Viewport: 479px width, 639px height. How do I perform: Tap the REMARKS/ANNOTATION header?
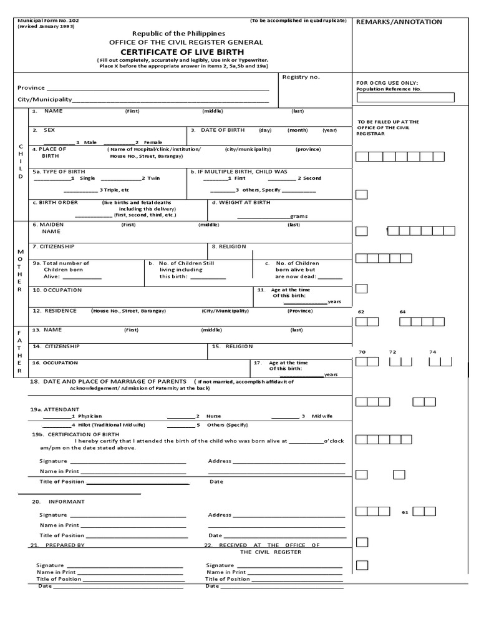click(399, 22)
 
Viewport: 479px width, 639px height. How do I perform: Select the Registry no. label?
click(301, 77)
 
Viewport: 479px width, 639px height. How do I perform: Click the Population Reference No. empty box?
click(405, 97)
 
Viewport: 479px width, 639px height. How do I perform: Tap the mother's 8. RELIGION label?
click(228, 246)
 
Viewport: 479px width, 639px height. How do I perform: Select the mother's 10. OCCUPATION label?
click(57, 290)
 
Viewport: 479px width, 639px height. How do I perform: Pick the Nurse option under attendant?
click(213, 416)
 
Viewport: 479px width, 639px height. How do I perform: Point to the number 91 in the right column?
click(405, 512)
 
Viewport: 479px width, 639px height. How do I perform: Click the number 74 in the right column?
click(432, 352)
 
